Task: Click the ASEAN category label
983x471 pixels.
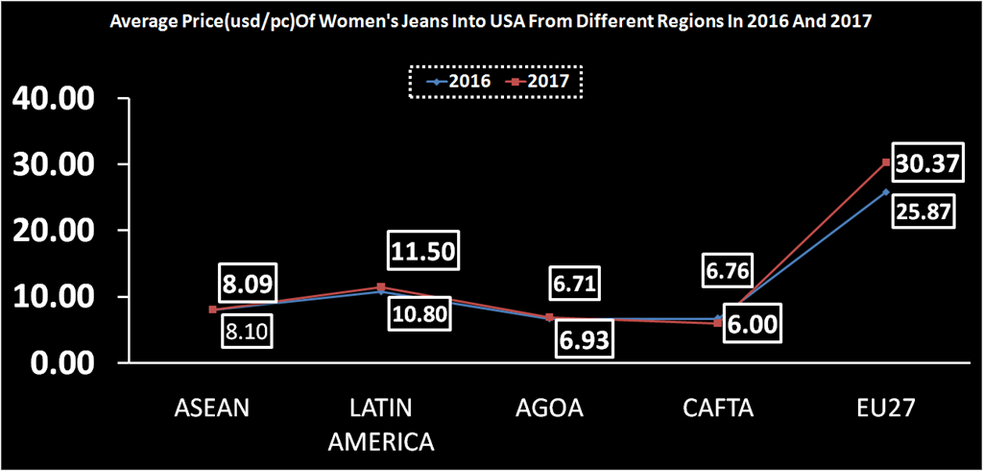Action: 212,408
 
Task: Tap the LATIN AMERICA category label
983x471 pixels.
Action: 381,424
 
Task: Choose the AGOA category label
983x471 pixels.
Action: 549,408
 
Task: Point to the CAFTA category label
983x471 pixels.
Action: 718,408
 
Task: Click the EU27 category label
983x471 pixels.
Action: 885,408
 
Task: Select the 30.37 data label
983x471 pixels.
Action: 925,165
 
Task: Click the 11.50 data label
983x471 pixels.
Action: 423,252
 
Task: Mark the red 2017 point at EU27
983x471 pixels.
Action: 886,162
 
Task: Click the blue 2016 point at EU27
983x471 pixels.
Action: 886,192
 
